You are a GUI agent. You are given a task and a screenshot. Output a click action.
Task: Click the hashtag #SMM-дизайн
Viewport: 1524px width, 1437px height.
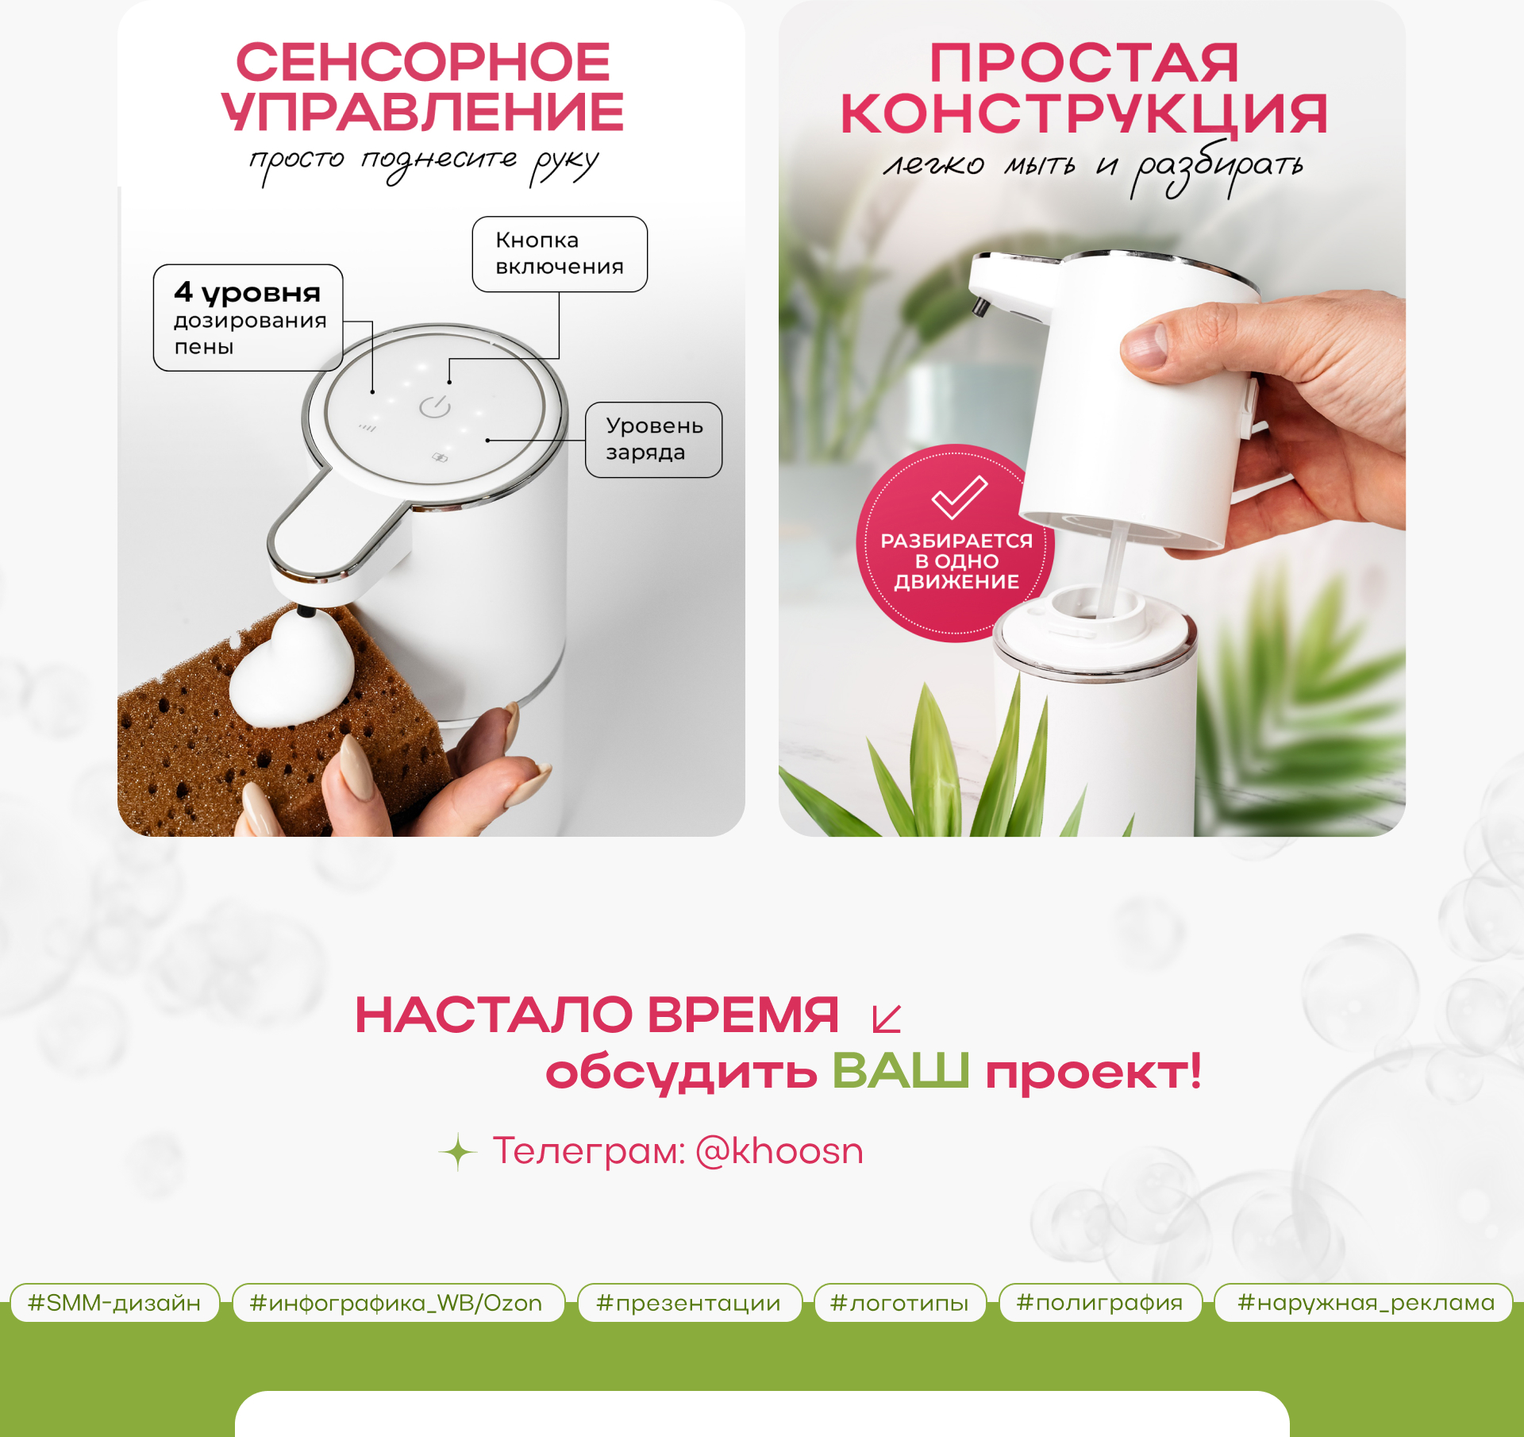tap(114, 1303)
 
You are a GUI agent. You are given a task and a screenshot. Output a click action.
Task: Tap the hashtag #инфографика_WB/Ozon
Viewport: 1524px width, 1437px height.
tap(397, 1303)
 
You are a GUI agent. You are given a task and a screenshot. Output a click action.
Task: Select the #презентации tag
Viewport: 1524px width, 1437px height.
tap(689, 1303)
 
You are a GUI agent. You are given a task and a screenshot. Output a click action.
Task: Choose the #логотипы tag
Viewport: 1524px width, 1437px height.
tap(899, 1303)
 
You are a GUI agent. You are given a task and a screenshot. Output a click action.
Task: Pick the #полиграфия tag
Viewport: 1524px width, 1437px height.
tap(1100, 1303)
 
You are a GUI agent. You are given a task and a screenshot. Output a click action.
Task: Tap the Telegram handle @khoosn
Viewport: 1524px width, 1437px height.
tap(779, 1150)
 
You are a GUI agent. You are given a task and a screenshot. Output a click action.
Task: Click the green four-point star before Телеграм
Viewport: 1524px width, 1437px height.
tap(458, 1152)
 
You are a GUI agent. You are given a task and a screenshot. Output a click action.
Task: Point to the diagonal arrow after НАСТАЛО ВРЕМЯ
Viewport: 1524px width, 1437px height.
tap(887, 1019)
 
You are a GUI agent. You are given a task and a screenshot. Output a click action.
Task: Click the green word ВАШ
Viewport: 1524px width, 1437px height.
tap(900, 1070)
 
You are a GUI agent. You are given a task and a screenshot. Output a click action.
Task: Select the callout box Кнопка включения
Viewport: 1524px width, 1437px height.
tap(560, 254)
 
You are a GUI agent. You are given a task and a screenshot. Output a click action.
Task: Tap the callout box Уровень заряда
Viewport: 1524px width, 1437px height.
tap(654, 439)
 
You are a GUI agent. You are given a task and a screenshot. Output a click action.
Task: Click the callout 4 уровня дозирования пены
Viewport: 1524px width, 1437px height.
tap(248, 318)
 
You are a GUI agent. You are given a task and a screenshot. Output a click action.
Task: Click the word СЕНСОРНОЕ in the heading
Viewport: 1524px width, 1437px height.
tap(423, 62)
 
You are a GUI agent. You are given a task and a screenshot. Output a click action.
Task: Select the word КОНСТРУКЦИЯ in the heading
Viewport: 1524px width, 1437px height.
tap(1083, 114)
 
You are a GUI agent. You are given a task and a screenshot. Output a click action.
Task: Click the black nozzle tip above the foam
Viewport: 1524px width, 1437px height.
tap(305, 611)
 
